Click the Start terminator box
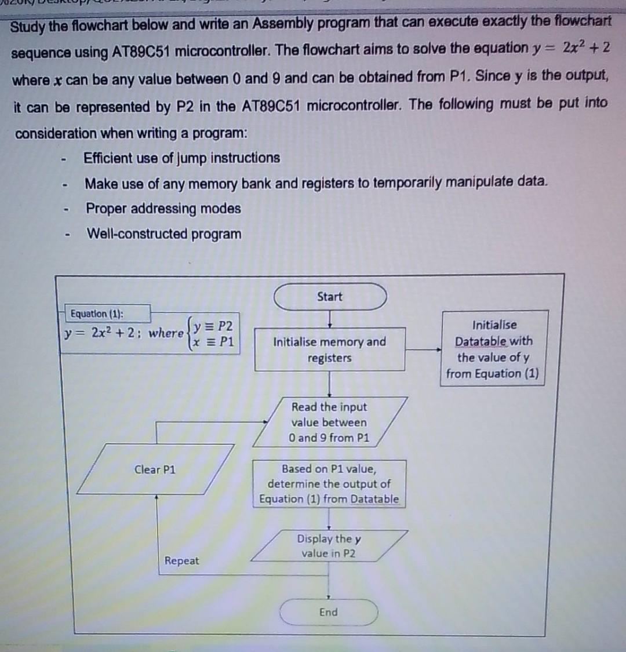coord(330,297)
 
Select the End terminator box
coord(329,612)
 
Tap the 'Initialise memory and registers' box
coord(330,349)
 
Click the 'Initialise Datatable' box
coord(493,349)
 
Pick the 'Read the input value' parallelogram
coord(329,422)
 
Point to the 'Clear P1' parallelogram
coord(155,469)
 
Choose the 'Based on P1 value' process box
coord(329,484)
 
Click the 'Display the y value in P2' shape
coord(329,546)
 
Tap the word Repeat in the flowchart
coord(181,560)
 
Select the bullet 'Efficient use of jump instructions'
coord(182,158)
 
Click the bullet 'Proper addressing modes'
coord(163,209)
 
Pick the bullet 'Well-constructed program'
coord(164,234)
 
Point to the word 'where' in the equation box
coord(166,333)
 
